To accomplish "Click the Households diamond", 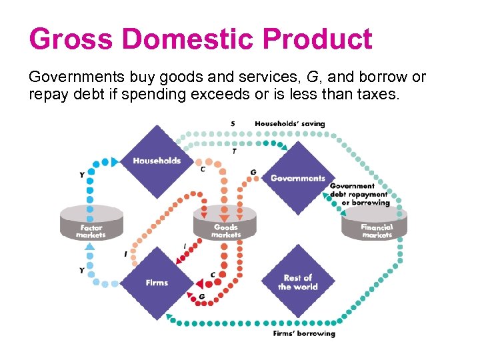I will click(157, 161).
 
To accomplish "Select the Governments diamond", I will click(298, 178).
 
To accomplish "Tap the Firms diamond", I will click(157, 283).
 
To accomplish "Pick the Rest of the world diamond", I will click(297, 282).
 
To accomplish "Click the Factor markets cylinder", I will click(91, 223).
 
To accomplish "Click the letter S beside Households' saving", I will click(233, 123).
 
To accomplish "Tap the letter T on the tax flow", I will click(233, 152).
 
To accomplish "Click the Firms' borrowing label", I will click(304, 333).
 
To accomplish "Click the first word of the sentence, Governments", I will click(77, 77).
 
